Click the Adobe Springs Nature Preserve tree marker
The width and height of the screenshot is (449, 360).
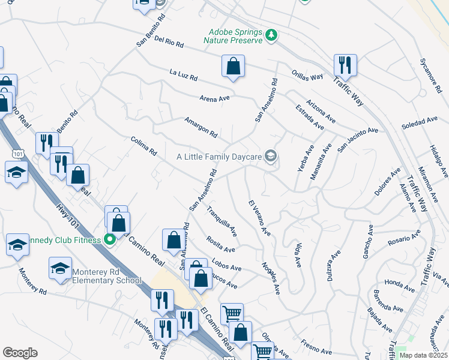coord(272,35)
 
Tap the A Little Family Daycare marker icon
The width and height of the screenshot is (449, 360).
coord(271,157)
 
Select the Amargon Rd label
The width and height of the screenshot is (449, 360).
coord(201,127)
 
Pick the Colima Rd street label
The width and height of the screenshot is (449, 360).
coord(143,147)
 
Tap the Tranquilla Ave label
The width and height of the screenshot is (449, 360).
coord(221,221)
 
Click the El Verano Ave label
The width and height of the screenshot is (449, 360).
coord(260,218)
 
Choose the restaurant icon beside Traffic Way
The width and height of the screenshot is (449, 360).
coord(345,64)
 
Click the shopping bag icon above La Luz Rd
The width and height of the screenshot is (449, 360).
coord(233,67)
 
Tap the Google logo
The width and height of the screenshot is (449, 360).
coord(20,353)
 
